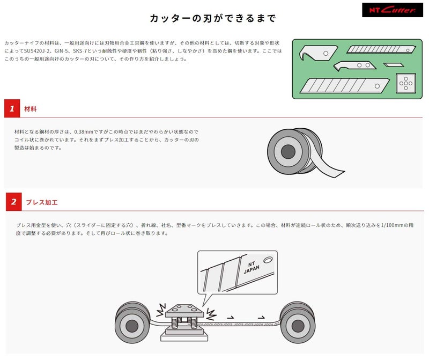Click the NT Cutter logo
tap(393, 10)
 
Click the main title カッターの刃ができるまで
tap(212, 18)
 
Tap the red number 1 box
tap(12, 108)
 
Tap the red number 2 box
tap(14, 202)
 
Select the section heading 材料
tap(31, 109)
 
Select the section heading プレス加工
tap(42, 202)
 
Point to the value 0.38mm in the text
tap(84, 131)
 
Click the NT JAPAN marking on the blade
tap(252, 267)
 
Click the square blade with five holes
tap(406, 83)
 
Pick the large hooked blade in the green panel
tap(317, 53)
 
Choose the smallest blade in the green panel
tap(394, 65)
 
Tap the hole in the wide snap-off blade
tap(377, 86)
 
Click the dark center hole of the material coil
tap(288, 151)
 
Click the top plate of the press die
tap(184, 311)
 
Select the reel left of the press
tap(132, 322)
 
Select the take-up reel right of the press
tap(298, 322)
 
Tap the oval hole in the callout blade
tap(268, 259)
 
